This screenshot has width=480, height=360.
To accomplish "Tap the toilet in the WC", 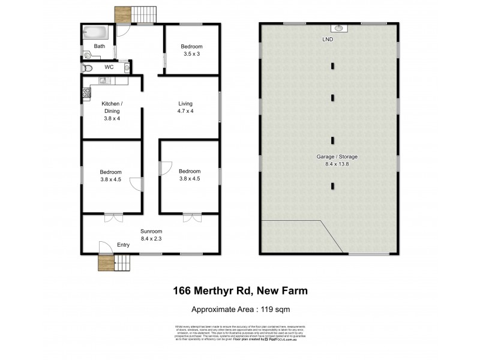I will point(88,67).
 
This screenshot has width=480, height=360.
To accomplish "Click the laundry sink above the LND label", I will point(338,28).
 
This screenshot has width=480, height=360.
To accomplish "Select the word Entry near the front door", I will point(123,244).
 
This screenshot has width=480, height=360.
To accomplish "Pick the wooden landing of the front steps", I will point(106,263).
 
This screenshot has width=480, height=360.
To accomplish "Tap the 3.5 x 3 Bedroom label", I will point(191,50).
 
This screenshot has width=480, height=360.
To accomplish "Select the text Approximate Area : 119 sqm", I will point(241,310).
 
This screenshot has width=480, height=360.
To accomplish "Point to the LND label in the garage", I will point(328,39).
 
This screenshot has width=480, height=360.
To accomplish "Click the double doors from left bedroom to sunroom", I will point(112,217).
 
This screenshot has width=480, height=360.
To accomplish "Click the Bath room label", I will point(100,46).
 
